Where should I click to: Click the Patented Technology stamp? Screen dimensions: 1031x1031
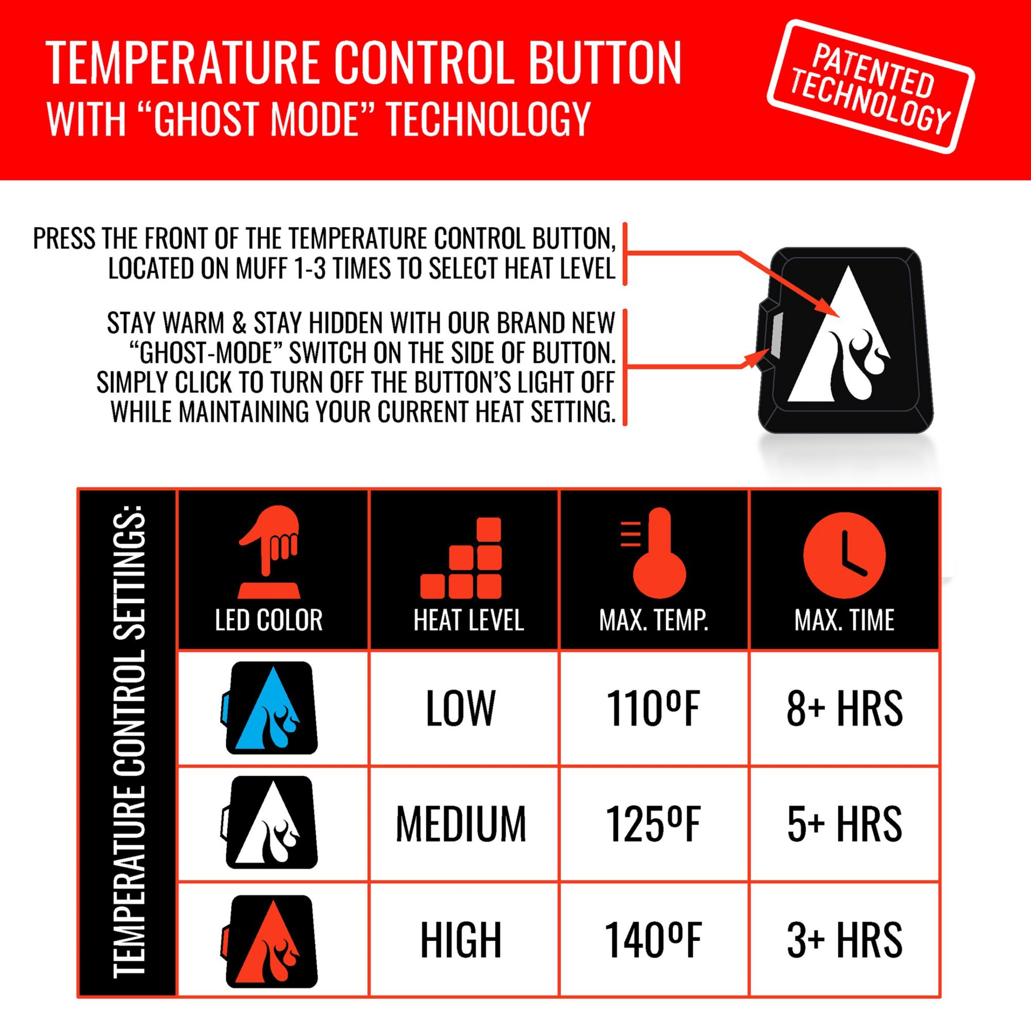coord(870,87)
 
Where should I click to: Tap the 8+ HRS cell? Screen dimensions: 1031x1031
coord(844,709)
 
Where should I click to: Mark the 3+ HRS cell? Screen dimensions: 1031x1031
coord(844,940)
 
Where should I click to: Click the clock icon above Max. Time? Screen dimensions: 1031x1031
coord(844,555)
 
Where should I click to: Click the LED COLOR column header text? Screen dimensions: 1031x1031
coord(269,620)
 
